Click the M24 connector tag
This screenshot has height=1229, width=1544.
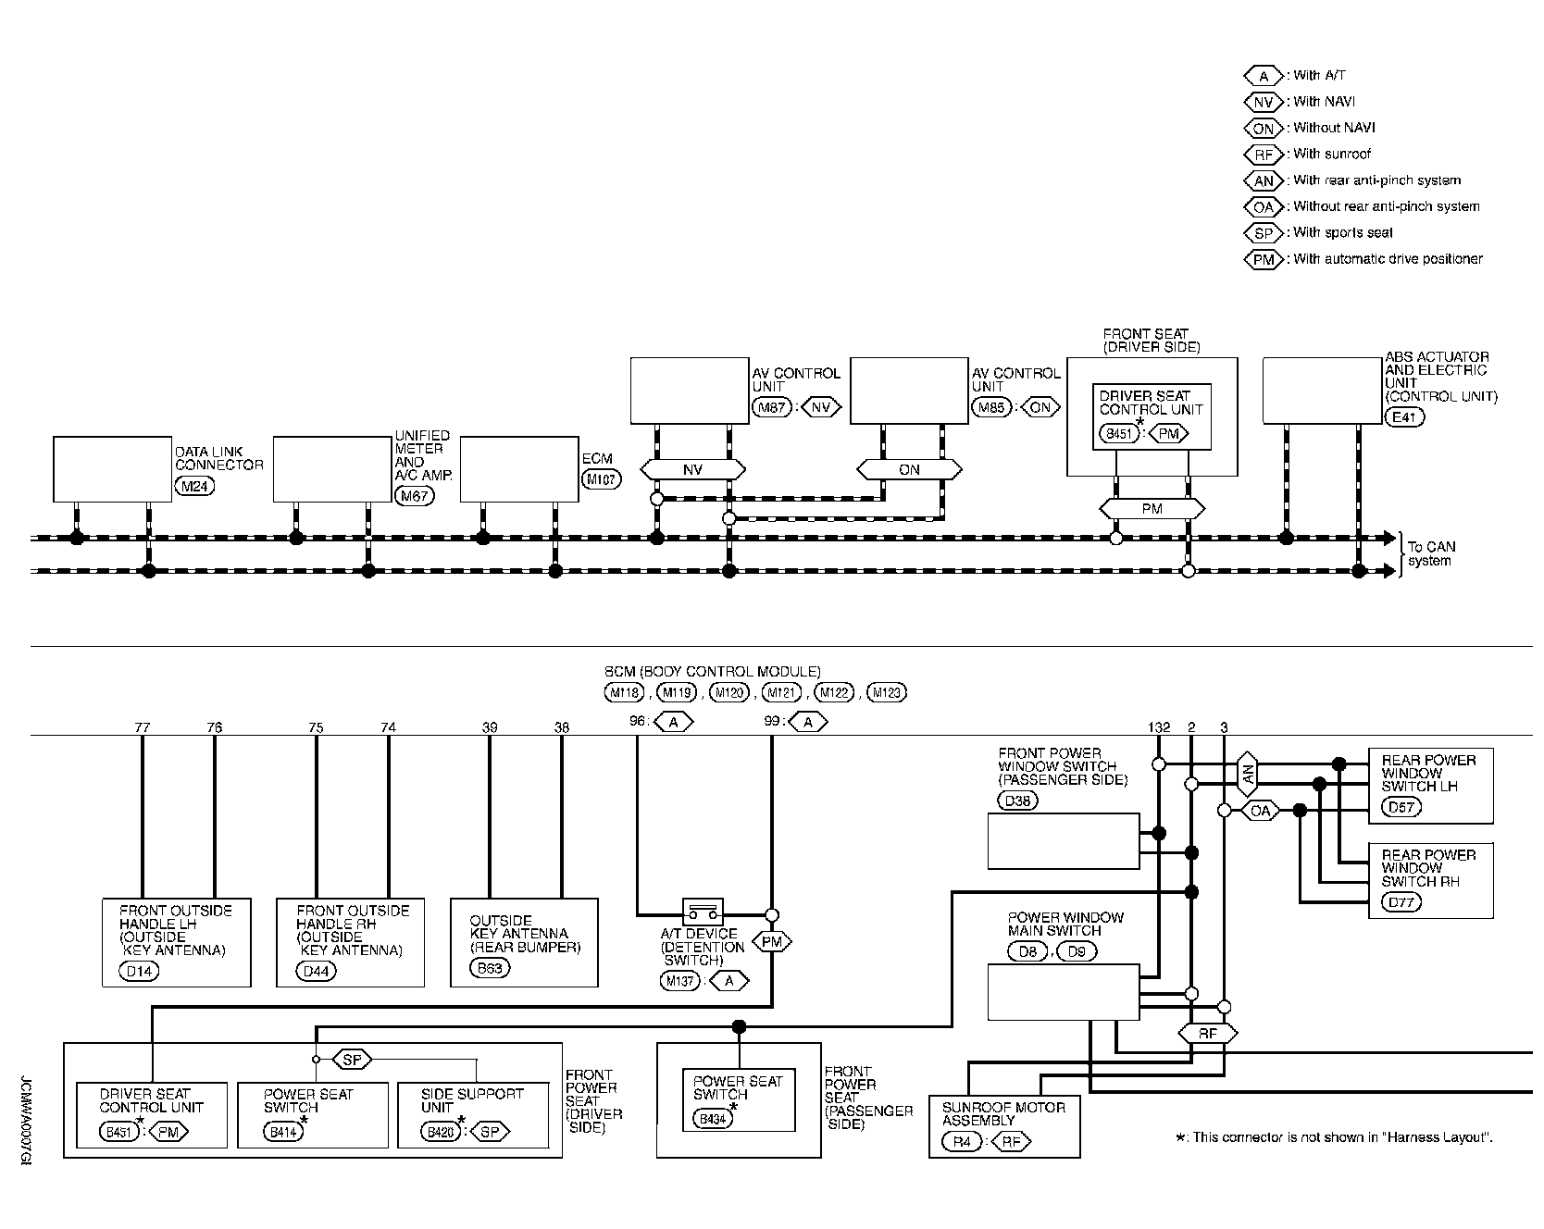tap(194, 484)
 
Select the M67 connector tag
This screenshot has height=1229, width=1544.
tap(414, 496)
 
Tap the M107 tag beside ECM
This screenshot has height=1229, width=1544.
tap(602, 478)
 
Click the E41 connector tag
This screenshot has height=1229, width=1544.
tap(1404, 416)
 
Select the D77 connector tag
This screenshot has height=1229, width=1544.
tap(1401, 902)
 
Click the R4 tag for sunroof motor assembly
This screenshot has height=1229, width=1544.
tap(962, 1142)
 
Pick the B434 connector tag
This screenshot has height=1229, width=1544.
tap(712, 1119)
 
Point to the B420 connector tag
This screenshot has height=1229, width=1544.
tap(439, 1132)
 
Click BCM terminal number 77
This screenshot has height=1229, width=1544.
tap(142, 727)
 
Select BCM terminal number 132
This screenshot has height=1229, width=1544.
tap(1158, 727)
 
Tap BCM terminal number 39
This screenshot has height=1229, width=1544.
tap(490, 727)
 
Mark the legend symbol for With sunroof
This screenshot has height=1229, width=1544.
tap(1264, 155)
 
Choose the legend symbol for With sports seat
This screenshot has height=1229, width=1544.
tap(1264, 233)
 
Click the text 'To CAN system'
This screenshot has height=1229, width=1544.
tap(1430, 554)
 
